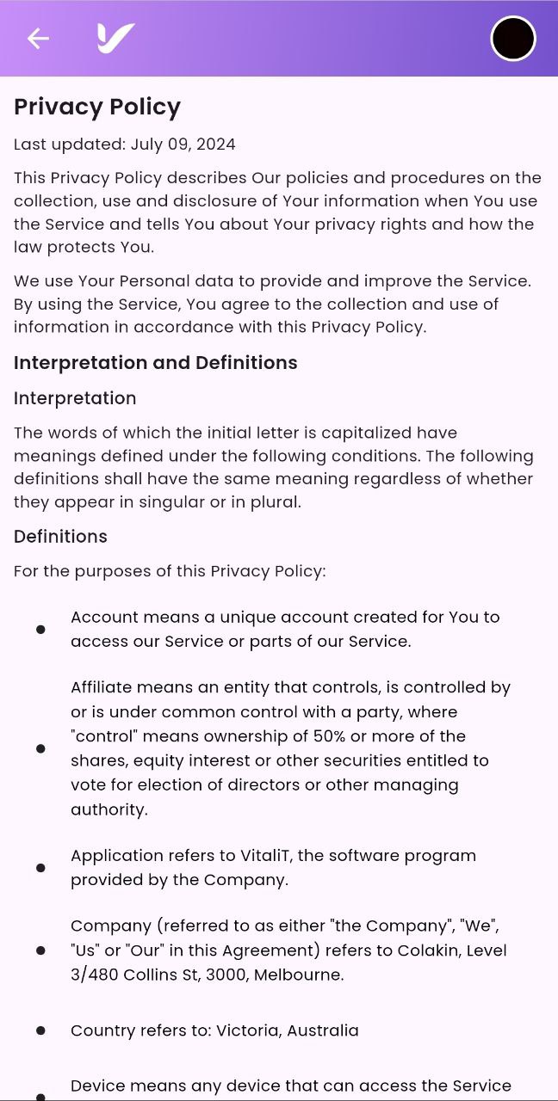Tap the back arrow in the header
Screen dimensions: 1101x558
[x=37, y=39]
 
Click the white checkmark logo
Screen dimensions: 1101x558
[x=115, y=38]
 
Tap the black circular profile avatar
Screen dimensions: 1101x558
[x=513, y=39]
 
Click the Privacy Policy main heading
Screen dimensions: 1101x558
[x=97, y=107]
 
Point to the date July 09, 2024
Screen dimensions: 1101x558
[x=183, y=145]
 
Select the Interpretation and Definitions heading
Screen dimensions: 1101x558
[x=156, y=363]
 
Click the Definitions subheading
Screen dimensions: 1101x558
[x=60, y=537]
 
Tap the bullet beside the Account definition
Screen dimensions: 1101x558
[x=40, y=630]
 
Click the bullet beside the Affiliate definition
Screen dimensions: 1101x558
[x=40, y=748]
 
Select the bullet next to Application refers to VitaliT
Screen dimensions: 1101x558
[x=40, y=868]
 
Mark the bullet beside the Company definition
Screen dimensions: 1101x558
[x=40, y=950]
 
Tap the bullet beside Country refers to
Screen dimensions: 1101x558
[x=40, y=1030]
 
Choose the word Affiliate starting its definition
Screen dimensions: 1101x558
[x=102, y=687]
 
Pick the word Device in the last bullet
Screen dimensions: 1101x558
[x=96, y=1086]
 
